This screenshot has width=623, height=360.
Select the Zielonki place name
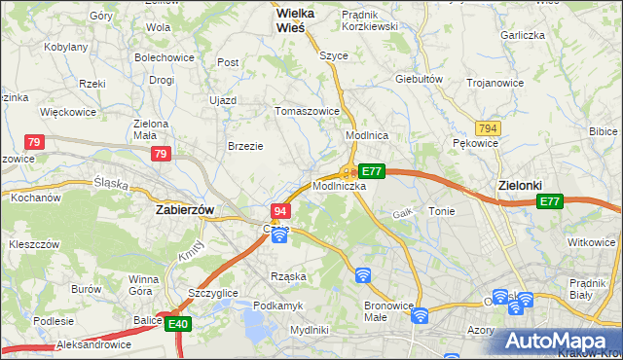pyautogui.click(x=519, y=185)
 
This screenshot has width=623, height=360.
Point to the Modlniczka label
pyautogui.click(x=339, y=185)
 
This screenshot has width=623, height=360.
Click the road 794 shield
pyautogui.click(x=488, y=128)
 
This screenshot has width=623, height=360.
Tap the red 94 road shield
pyautogui.click(x=280, y=211)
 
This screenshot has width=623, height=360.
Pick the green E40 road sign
pyautogui.click(x=176, y=324)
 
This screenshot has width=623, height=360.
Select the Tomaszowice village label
pyautogui.click(x=307, y=111)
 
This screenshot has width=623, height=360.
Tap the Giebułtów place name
pyautogui.click(x=420, y=79)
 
